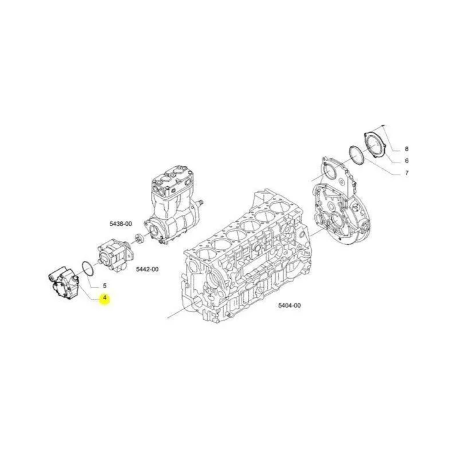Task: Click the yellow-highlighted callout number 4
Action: click(x=105, y=298)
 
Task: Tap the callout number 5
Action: click(x=105, y=286)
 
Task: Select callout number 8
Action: click(x=407, y=149)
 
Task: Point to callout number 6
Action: click(x=407, y=161)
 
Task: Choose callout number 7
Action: click(x=407, y=173)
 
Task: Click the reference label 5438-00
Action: click(x=121, y=224)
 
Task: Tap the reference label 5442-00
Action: click(x=147, y=269)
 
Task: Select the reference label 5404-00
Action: click(x=289, y=305)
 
